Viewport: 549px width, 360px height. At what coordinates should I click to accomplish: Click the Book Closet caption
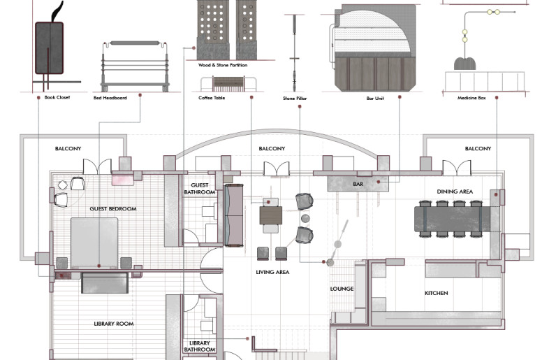(57, 97)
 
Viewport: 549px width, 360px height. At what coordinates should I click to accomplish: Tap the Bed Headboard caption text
(110, 98)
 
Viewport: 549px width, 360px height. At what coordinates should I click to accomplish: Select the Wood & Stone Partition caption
(223, 65)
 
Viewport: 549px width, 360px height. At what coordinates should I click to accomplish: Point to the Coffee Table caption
(212, 98)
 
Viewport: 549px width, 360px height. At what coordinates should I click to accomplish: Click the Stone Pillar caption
(295, 99)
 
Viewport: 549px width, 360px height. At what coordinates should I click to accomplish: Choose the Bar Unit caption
(375, 99)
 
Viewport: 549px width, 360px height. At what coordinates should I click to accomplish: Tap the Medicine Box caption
(471, 98)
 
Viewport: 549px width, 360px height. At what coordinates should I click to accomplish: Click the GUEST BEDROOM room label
(113, 209)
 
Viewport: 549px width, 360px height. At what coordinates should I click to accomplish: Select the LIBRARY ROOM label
(114, 324)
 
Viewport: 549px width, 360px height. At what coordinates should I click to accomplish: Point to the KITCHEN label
(437, 293)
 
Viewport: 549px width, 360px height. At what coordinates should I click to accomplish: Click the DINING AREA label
(455, 192)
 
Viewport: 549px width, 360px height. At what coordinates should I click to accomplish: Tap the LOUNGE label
(342, 289)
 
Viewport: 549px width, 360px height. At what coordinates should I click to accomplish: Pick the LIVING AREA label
(272, 272)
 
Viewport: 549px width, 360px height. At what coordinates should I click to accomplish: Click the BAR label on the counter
(358, 184)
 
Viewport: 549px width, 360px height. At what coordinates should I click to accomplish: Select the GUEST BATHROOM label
(200, 189)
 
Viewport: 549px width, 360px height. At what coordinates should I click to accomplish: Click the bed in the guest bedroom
(94, 243)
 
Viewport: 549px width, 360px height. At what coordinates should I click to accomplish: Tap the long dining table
(452, 219)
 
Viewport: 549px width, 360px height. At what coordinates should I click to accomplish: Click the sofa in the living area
(233, 215)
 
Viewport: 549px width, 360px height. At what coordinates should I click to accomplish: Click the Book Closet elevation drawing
(50, 45)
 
